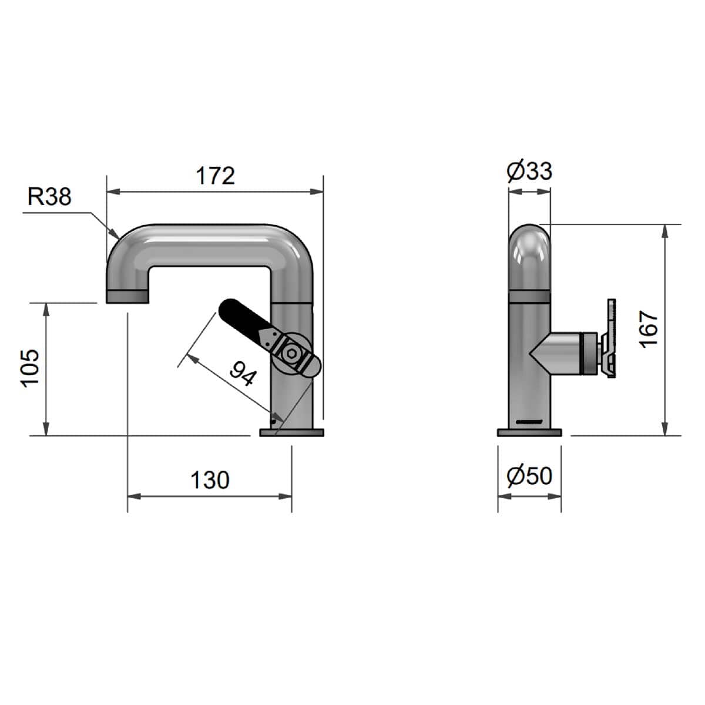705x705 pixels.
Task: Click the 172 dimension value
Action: pyautogui.click(x=215, y=176)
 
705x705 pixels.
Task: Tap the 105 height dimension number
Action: pyautogui.click(x=29, y=368)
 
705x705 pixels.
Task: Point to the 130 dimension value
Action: pyautogui.click(x=210, y=480)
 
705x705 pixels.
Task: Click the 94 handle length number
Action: pyautogui.click(x=243, y=374)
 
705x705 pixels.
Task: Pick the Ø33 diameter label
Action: pyautogui.click(x=529, y=171)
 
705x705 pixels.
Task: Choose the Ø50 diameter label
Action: pyautogui.click(x=529, y=476)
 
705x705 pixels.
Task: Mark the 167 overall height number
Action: pyautogui.click(x=649, y=329)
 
